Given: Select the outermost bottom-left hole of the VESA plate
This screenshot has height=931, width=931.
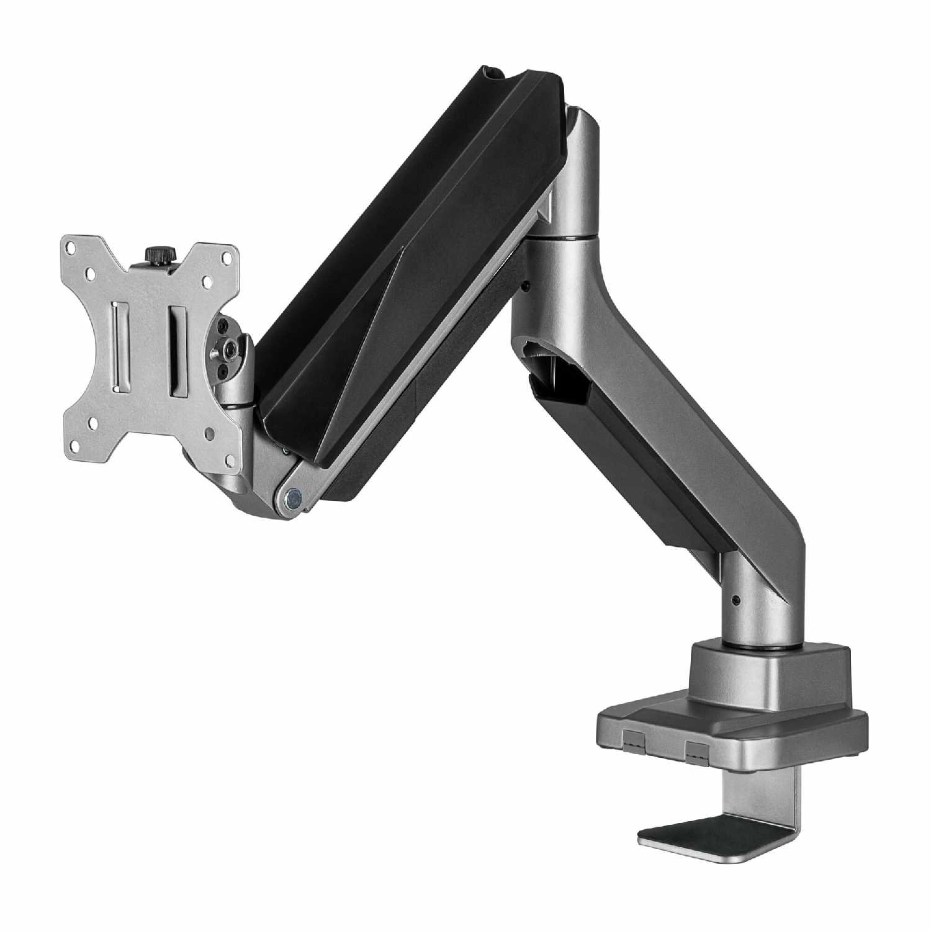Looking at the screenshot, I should pyautogui.click(x=76, y=444).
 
